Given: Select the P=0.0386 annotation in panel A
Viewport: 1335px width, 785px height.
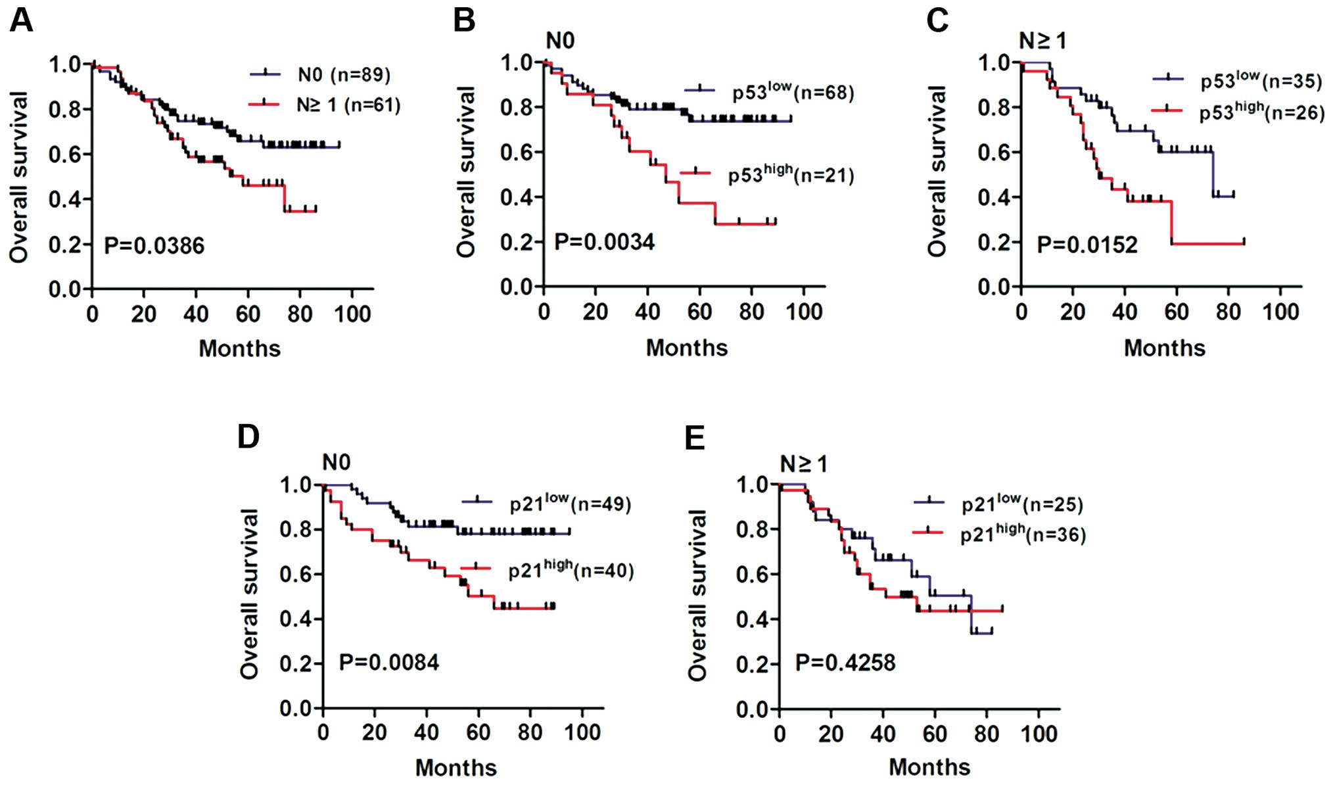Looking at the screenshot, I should click(x=154, y=246).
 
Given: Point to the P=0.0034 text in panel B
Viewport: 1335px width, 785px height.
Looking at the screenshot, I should click(x=604, y=242).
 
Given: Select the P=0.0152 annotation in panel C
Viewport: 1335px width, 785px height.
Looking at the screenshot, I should click(x=1087, y=245).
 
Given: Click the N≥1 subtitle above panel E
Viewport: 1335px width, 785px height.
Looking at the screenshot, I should click(x=803, y=464).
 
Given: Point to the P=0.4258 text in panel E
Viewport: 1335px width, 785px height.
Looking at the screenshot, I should click(x=845, y=662).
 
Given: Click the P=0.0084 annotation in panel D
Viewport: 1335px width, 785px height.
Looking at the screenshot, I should click(x=388, y=662).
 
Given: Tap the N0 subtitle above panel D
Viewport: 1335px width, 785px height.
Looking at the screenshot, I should click(x=336, y=463).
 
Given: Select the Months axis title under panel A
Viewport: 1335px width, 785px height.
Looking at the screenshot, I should click(x=239, y=348).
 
